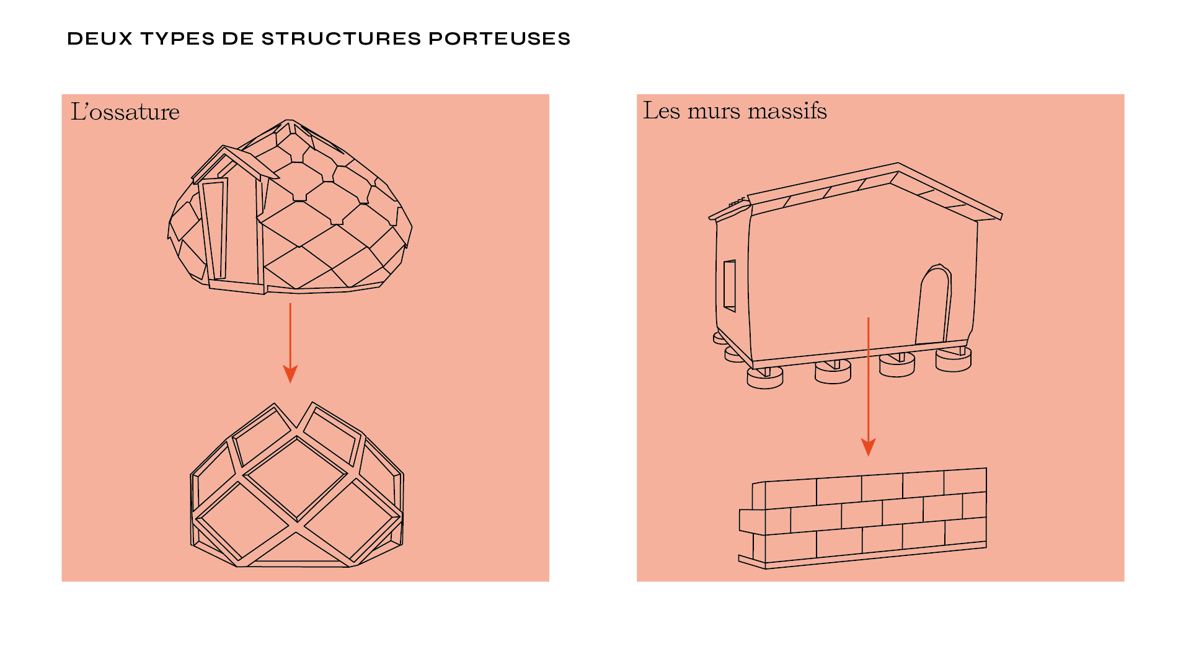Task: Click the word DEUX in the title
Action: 100,38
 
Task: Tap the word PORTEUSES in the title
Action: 499,38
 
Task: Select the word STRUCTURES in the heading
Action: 341,38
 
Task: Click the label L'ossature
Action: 125,112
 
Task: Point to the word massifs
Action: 787,110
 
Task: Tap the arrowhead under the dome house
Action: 290,374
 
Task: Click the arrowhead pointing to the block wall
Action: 868,447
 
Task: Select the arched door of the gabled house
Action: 933,304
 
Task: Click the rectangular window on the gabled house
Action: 729,285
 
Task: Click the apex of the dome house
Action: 288,120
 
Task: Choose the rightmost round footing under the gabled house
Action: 953,359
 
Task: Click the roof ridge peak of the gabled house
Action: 897,164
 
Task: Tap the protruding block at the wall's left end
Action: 752,522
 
